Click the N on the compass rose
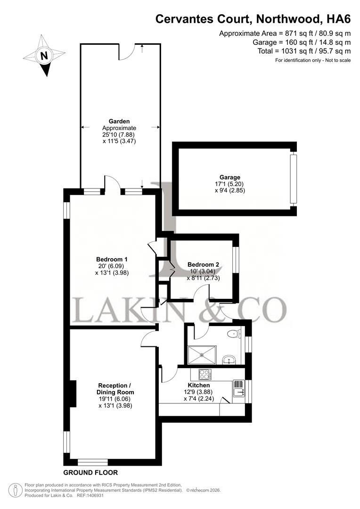click(44, 55)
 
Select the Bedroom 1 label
click(112, 259)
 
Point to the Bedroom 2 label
click(203, 265)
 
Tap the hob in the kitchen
click(205, 375)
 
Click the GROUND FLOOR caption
click(90, 472)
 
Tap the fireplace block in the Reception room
click(73, 394)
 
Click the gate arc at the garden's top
click(127, 53)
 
